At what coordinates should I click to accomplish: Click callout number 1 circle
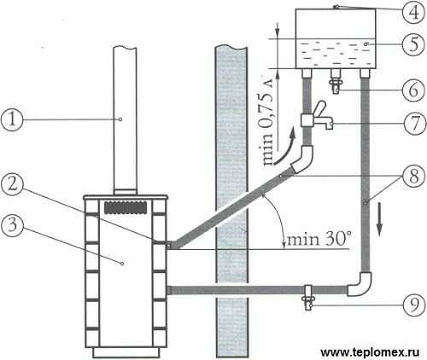tap(11, 119)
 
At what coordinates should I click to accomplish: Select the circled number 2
tap(12, 185)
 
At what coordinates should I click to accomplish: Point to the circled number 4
tap(413, 12)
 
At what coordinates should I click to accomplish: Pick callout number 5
tap(413, 45)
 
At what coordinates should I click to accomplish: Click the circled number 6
tap(413, 90)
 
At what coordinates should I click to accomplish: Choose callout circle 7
tap(414, 124)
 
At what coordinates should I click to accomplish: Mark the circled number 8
tap(413, 175)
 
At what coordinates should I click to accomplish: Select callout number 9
tap(413, 305)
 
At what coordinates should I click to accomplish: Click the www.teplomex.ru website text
tap(370, 352)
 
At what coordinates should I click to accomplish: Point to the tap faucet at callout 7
tap(317, 117)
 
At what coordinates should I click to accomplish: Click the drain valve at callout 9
tap(308, 297)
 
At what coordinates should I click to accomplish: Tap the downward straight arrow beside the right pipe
tap(379, 218)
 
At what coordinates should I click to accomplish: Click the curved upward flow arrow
tap(284, 151)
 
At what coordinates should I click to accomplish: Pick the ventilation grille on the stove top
tap(126, 207)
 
